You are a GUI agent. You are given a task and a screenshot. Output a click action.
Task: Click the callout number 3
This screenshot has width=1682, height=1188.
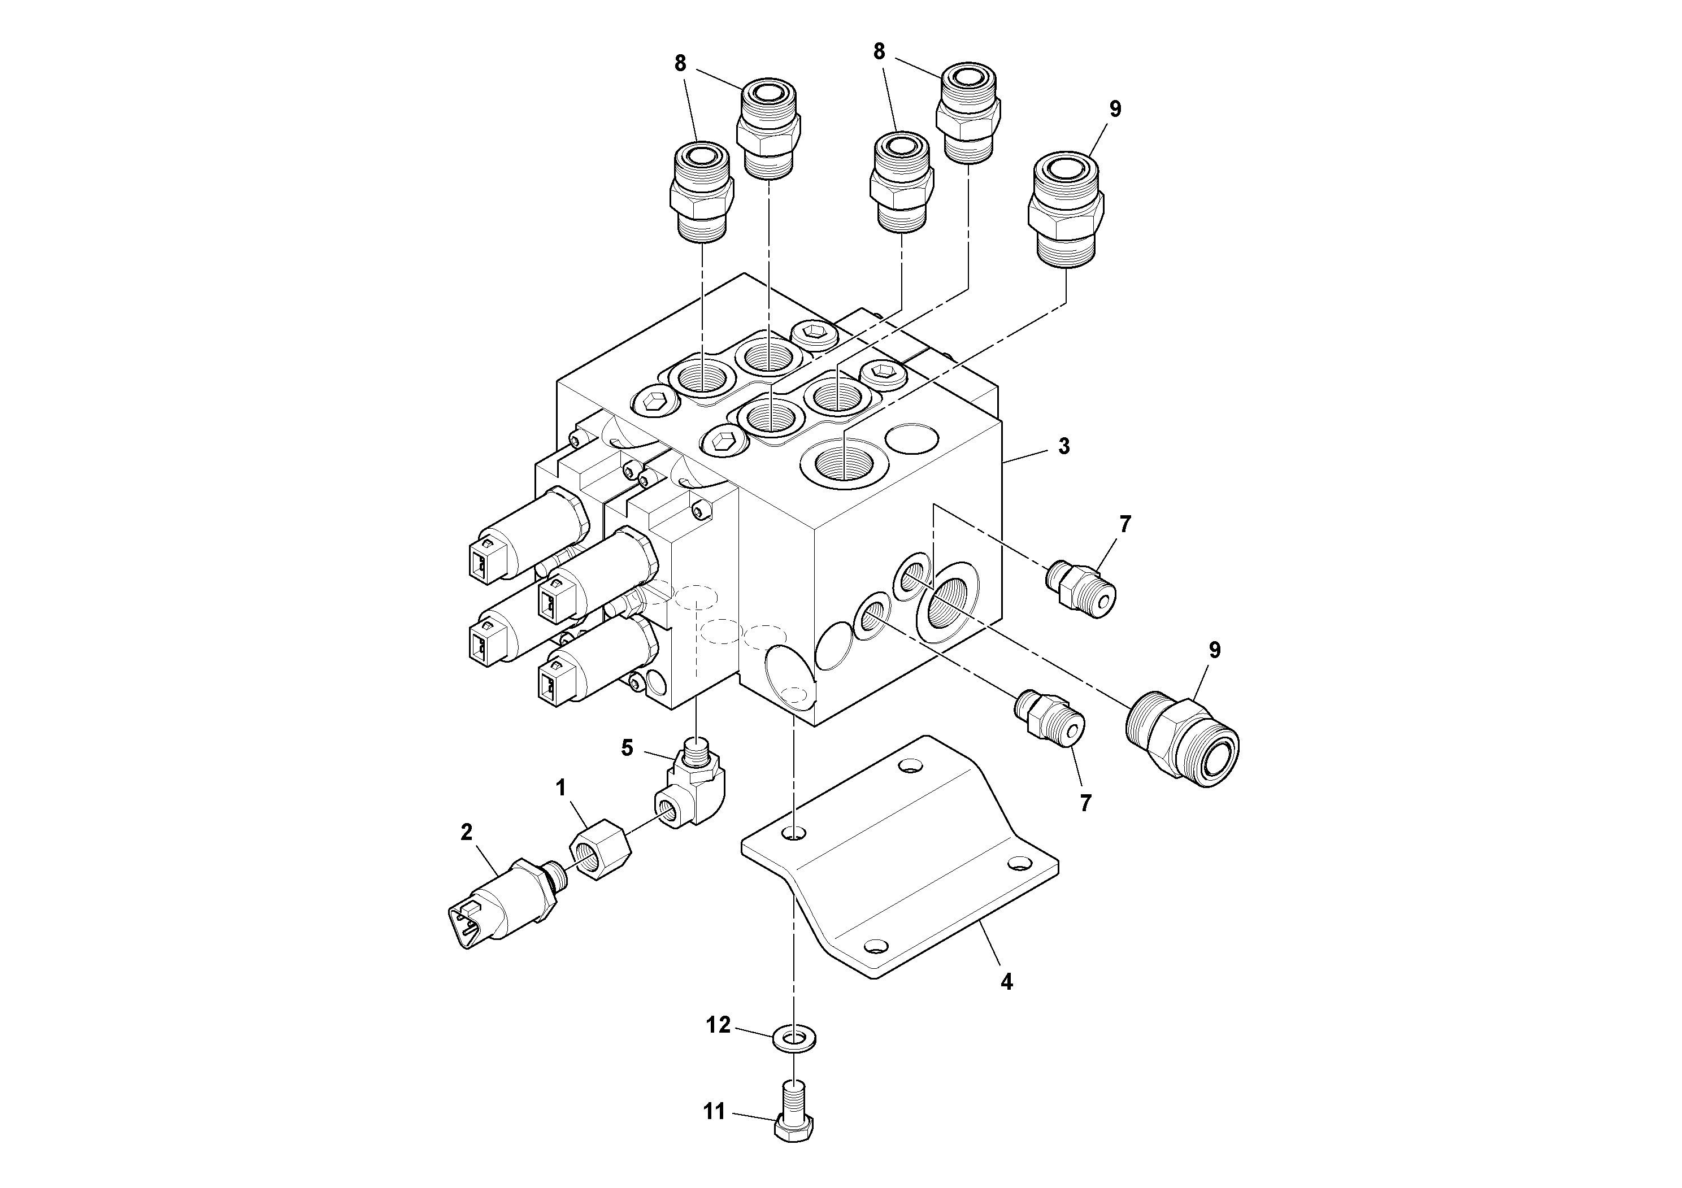(1064, 446)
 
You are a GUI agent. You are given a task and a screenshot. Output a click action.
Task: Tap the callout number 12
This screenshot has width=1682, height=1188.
(718, 1025)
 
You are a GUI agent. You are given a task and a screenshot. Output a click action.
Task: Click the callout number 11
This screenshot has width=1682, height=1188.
(714, 1112)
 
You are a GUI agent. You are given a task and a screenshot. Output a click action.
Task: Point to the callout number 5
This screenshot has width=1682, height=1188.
(627, 748)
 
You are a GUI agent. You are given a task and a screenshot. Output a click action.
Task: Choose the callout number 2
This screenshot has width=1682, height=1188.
(467, 832)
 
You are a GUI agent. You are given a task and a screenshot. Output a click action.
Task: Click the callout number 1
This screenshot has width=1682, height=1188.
(561, 788)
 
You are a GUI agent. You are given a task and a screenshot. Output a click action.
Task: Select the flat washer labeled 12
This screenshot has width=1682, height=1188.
(795, 1039)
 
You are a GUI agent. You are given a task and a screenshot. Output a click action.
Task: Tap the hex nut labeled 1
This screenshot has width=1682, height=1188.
(600, 850)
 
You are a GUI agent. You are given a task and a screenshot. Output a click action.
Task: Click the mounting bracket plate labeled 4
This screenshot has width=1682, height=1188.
(901, 864)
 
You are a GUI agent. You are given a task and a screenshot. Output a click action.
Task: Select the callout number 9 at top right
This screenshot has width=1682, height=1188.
(1114, 109)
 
